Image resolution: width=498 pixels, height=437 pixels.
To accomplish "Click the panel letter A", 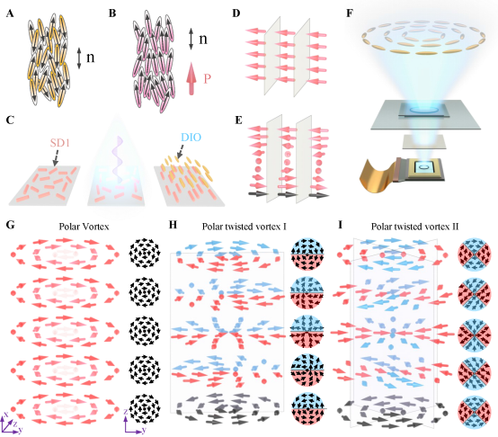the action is (x=10, y=13).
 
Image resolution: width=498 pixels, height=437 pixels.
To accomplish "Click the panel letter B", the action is (x=112, y=13).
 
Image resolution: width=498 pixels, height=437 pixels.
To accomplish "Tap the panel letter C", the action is (x=10, y=120).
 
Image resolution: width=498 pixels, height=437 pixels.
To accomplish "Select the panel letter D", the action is (x=236, y=13).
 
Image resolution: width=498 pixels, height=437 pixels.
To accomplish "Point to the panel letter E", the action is (x=238, y=120).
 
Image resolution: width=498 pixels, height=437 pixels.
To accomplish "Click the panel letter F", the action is (x=350, y=13).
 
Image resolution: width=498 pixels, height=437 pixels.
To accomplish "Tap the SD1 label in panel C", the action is (x=60, y=143).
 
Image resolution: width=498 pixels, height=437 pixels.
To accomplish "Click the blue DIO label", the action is (x=191, y=138).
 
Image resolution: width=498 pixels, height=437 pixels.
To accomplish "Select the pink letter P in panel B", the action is (x=207, y=78).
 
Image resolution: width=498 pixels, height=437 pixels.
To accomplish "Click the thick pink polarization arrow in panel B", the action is (x=191, y=78).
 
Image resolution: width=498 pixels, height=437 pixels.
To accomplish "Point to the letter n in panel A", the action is (x=91, y=58).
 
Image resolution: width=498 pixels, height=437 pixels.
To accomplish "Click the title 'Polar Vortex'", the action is (x=84, y=227).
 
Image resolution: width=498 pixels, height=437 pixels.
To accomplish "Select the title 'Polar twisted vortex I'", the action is (x=245, y=227).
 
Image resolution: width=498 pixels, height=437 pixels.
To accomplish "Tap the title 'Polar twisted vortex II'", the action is (x=414, y=227).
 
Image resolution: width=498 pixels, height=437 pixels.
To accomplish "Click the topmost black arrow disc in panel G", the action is (x=145, y=254).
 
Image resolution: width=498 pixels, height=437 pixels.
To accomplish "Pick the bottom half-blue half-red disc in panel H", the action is (x=307, y=408).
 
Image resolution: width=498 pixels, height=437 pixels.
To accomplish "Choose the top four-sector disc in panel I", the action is (x=475, y=254).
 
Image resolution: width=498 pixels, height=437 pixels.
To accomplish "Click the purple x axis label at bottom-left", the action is (x=5, y=415).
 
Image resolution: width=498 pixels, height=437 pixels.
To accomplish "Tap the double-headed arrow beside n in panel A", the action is (x=79, y=58).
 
